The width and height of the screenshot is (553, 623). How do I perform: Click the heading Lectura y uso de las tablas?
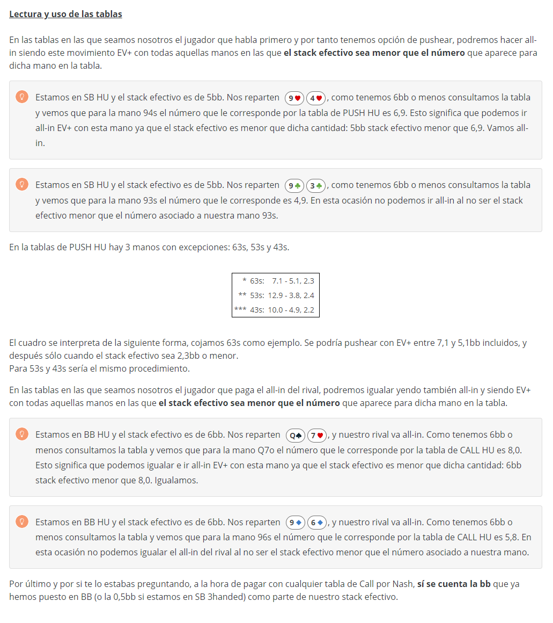65,14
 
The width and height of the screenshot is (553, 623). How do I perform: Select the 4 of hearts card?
316,98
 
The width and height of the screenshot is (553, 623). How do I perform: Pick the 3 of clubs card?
316,185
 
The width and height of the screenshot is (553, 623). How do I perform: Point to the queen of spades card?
296,435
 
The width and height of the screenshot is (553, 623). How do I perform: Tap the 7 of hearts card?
316,435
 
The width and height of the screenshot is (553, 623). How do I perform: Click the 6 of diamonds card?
316,523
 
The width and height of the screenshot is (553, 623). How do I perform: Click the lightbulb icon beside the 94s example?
22,97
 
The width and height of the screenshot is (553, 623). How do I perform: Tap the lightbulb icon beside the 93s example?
22,184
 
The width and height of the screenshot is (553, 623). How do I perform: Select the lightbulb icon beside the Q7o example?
22,434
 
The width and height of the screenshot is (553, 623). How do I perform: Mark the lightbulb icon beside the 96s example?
22,521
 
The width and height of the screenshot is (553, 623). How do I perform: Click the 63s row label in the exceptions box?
257,280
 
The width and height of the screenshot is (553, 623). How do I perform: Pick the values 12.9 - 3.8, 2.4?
291,295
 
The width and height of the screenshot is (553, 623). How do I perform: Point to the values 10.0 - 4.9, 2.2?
291,309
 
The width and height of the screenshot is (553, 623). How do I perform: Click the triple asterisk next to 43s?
240,309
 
